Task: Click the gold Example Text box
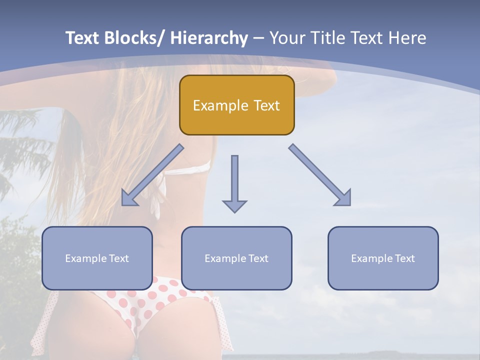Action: pos(236,105)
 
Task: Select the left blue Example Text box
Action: pos(97,258)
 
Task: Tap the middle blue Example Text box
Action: pos(236,258)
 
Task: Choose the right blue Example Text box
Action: pos(383,258)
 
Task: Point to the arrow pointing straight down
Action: pos(234,182)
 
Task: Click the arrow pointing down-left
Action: pos(152,175)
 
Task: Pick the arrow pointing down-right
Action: pos(320,175)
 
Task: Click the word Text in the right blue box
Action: pos(404,258)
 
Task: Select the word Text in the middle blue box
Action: pos(257,258)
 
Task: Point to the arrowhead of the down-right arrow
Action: pos(344,198)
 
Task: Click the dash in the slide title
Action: pos(258,38)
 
